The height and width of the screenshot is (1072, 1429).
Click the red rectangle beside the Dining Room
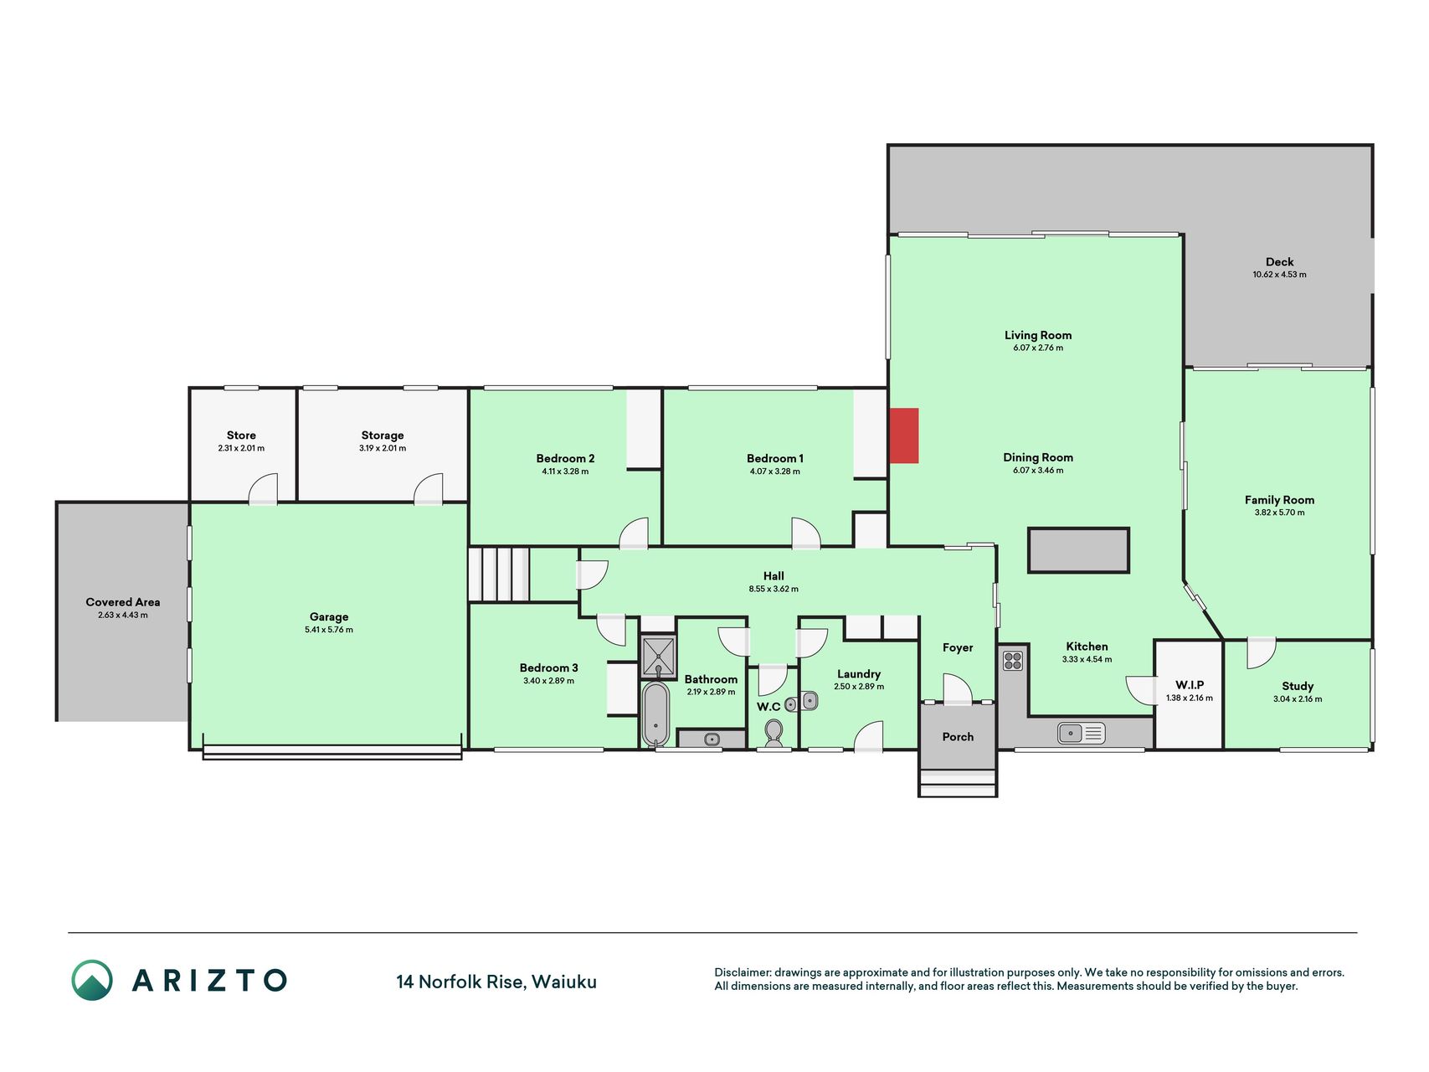pos(903,435)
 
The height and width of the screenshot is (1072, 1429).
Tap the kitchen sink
pos(1081,734)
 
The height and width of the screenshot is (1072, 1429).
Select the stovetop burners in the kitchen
pos(1013,661)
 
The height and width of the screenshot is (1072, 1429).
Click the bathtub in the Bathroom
pos(655,714)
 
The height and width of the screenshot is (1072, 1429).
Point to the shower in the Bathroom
pos(658,657)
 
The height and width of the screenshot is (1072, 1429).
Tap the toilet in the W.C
pos(774,734)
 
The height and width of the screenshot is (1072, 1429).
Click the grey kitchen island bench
pos(1078,550)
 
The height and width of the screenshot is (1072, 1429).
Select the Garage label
pos(329,617)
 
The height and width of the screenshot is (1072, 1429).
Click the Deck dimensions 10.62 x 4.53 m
pos(1279,275)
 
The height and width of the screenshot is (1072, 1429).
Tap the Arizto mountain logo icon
pos(92,980)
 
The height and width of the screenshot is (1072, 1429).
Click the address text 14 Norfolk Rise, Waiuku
pos(496,982)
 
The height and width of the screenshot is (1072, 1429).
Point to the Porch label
pos(958,737)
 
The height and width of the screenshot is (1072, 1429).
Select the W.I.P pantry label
pos(1190,685)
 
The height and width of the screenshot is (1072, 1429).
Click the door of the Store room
pos(263,489)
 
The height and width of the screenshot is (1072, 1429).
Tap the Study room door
pos(1261,654)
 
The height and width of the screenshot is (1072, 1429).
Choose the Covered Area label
pos(123,602)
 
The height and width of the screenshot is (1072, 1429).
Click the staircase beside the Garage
pos(499,575)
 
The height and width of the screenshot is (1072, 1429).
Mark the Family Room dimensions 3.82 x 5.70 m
pos(1279,513)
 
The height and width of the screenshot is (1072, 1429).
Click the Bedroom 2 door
pos(634,533)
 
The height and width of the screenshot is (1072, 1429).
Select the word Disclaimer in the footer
pos(743,972)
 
